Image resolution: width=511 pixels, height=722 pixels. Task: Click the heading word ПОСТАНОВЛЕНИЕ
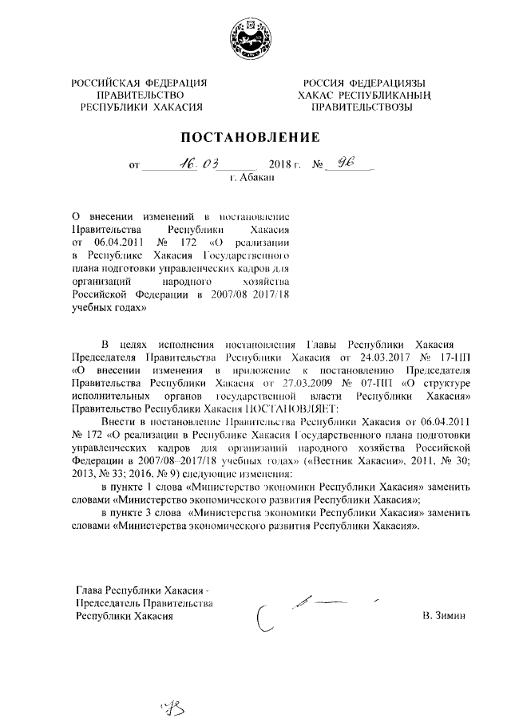pos(254,136)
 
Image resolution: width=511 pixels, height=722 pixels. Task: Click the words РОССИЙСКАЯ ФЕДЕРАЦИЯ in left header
pos(140,83)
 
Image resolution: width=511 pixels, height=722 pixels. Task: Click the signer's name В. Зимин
pos(443,616)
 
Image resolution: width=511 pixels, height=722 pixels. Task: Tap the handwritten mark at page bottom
pos(171,704)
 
